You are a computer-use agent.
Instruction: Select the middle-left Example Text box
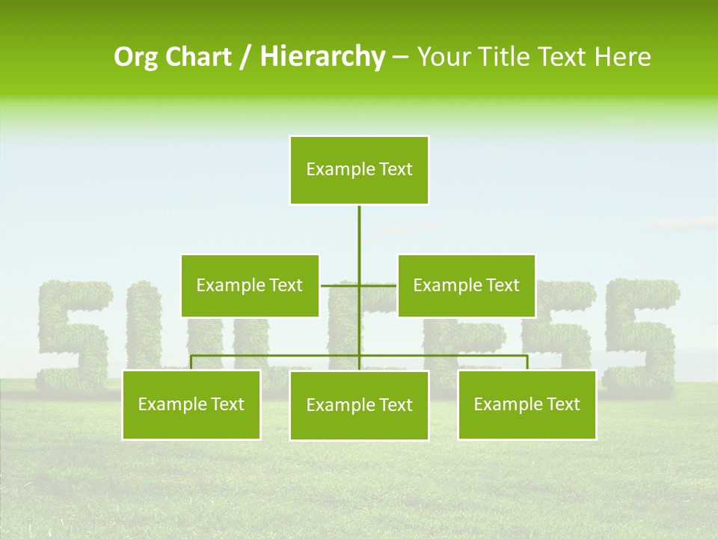250,285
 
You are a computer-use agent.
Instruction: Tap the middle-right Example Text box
466,285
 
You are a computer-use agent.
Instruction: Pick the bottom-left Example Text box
191,404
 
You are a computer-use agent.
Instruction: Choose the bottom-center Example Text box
359,405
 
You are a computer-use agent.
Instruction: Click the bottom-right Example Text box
527,404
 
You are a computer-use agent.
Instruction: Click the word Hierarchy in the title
322,57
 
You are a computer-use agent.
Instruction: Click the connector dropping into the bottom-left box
191,363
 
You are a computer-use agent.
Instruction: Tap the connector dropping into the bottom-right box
527,363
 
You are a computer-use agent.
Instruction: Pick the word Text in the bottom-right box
562,404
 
